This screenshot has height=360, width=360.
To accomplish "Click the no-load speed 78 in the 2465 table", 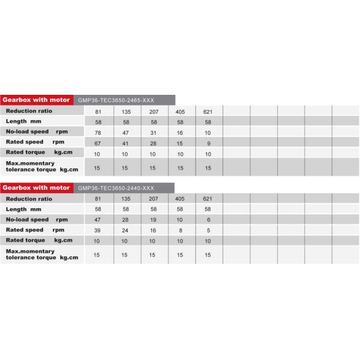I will (97, 131).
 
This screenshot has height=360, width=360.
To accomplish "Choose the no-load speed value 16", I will (180, 131).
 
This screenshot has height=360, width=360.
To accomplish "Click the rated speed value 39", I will (97, 230).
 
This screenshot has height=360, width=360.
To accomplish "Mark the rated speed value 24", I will (126, 230).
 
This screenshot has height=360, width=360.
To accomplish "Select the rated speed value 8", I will (180, 230).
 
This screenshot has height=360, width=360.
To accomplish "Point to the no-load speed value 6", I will (208, 220).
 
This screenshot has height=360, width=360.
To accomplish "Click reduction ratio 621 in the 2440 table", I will (208, 199).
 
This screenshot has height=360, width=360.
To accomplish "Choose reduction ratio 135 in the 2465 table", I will (126, 112).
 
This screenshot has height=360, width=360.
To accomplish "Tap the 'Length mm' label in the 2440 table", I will (24, 209).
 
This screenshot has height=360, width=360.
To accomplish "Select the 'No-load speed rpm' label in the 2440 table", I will (36, 220).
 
